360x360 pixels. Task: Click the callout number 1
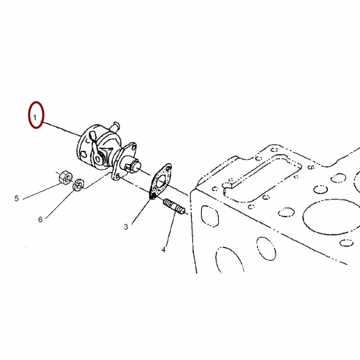(x=35, y=117)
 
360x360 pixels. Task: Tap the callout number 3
(x=126, y=227)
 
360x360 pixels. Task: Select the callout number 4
(x=164, y=249)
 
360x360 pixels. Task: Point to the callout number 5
(x=16, y=198)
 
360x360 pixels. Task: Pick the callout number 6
(x=40, y=219)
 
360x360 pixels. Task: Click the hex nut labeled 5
(x=65, y=177)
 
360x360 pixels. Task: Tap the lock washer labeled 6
(x=78, y=185)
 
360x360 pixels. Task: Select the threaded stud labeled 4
(x=175, y=206)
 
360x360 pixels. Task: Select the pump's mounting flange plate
(x=125, y=161)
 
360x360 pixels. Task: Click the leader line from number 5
(x=41, y=191)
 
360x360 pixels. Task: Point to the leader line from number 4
(x=170, y=229)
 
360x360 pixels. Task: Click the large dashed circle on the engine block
(x=332, y=217)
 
